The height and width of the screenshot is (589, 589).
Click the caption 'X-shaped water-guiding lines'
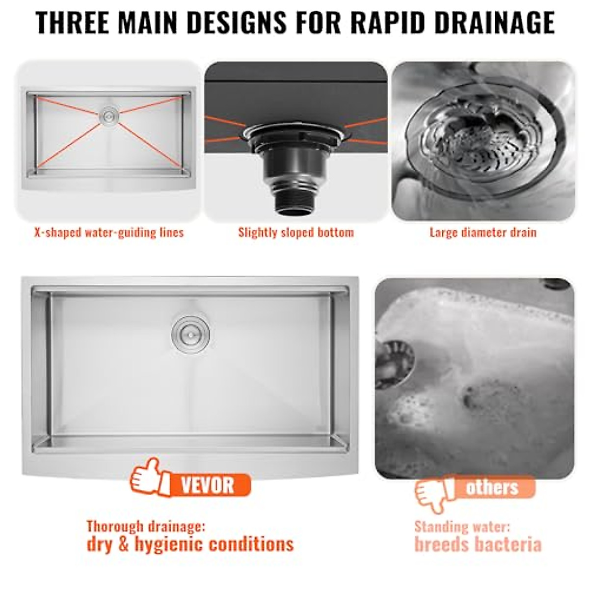pos(109,232)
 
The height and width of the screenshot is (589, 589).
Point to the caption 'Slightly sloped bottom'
pos(296,232)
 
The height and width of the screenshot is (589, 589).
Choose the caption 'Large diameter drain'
pos(483,232)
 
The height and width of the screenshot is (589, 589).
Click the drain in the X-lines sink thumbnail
pos(108,116)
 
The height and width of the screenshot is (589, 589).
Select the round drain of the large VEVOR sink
pos(190,334)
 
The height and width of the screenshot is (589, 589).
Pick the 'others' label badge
pos(492,487)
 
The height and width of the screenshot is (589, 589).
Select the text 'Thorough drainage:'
pos(146,527)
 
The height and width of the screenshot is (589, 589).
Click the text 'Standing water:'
pos(462,527)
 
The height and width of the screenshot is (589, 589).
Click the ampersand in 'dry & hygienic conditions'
pos(123,544)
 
